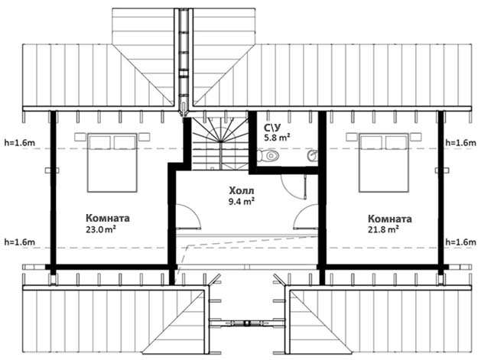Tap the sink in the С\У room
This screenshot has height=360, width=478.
(313, 156)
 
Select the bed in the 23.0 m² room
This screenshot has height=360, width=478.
(112, 163)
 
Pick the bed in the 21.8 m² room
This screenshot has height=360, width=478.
(383, 163)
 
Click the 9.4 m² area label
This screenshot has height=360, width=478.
(242, 201)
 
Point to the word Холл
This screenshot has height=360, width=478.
(242, 191)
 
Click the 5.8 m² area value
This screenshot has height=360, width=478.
(277, 138)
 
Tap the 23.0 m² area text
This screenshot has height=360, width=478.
(101, 229)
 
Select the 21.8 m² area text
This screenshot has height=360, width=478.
(383, 229)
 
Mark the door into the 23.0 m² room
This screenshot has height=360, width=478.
(188, 216)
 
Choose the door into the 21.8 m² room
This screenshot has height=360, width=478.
(306, 216)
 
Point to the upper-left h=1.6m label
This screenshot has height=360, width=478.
(20, 142)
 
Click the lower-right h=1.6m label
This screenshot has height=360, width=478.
(460, 242)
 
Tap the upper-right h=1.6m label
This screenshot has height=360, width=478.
(460, 142)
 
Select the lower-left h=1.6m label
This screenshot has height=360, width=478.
(20, 242)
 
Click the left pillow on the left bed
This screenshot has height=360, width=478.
(99, 142)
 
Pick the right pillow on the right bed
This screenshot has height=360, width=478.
(396, 142)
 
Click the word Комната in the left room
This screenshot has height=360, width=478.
(108, 218)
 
